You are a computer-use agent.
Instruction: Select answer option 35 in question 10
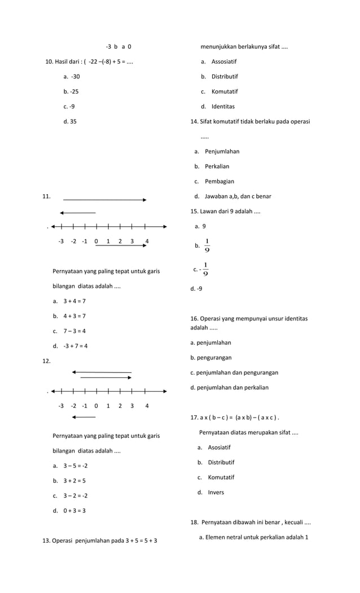(x=71, y=121)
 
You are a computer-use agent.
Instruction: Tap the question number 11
(x=46, y=196)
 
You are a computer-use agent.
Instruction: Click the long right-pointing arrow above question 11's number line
(x=105, y=200)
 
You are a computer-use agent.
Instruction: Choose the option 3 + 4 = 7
(x=74, y=301)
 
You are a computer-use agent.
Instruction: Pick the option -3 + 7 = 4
(x=75, y=346)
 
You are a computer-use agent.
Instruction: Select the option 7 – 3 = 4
(x=74, y=331)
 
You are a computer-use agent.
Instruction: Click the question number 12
(x=46, y=361)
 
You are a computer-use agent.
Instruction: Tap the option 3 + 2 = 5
(x=74, y=481)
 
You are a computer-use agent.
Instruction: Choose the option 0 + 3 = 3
(x=74, y=511)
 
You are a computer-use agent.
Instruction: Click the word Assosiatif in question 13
(x=224, y=62)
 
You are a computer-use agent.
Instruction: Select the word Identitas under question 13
(x=223, y=107)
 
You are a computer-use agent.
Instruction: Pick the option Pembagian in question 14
(x=219, y=182)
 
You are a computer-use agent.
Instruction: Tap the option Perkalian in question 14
(x=217, y=166)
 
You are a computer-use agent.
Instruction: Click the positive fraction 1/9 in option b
(x=207, y=245)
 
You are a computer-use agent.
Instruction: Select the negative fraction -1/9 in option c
(x=204, y=269)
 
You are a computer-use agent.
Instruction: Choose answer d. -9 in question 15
(x=196, y=289)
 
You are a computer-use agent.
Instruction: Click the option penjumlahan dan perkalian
(x=229, y=388)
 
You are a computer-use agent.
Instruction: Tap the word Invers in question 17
(x=216, y=493)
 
